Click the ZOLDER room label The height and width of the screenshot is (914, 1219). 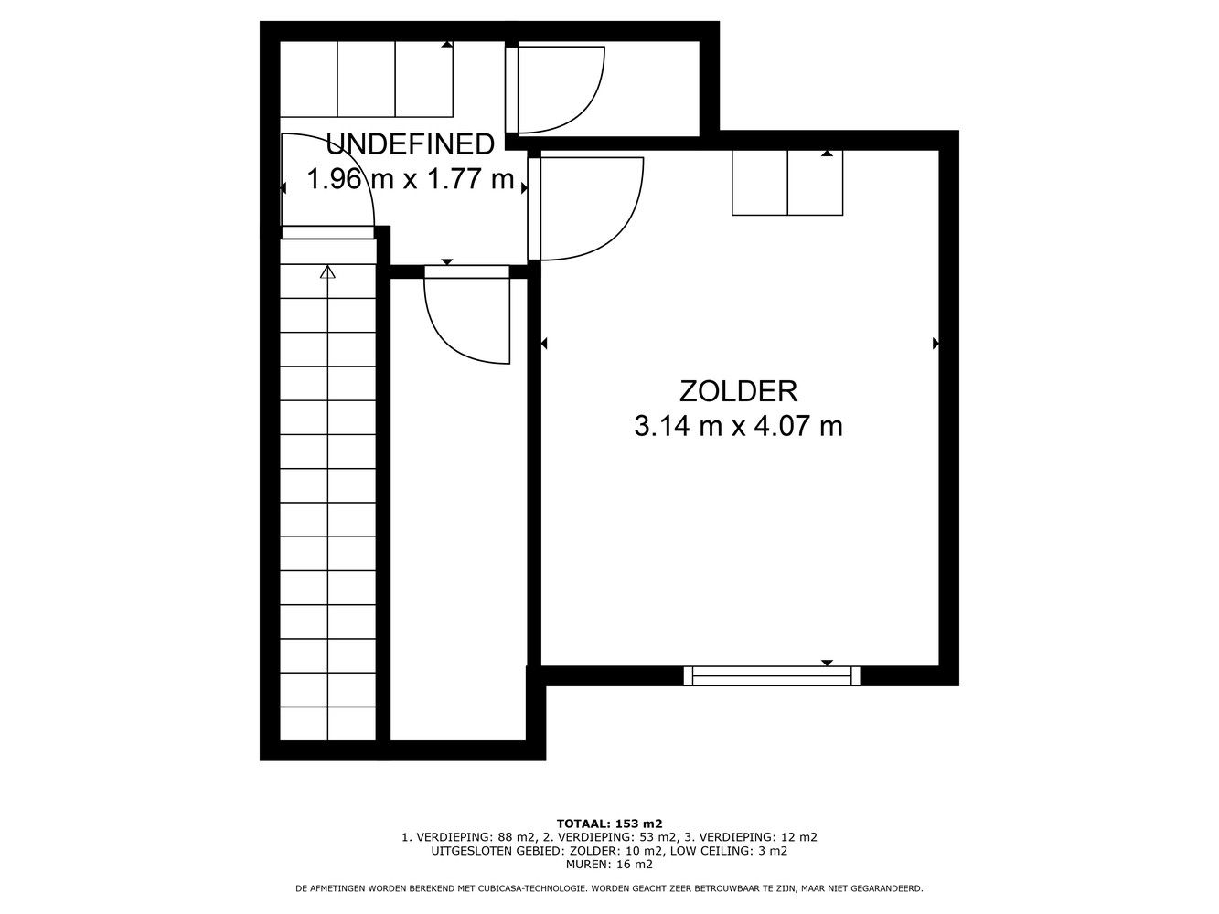coord(738,391)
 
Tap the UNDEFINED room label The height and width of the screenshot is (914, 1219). coord(410,144)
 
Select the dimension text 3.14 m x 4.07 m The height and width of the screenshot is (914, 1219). coord(738,427)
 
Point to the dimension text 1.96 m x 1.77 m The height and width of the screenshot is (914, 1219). coord(411,179)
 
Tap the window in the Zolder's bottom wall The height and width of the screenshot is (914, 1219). coord(772,676)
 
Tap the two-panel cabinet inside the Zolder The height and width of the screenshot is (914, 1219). coord(787,183)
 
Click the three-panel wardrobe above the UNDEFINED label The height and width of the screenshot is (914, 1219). coord(367,80)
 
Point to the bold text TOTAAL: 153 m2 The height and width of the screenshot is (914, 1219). coord(609,839)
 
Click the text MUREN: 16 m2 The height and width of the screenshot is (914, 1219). coord(609,879)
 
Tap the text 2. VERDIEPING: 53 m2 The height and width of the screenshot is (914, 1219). coord(610,853)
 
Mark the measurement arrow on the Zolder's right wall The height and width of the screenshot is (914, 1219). coord(936,344)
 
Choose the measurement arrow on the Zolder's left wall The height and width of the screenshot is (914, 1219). coord(544,344)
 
